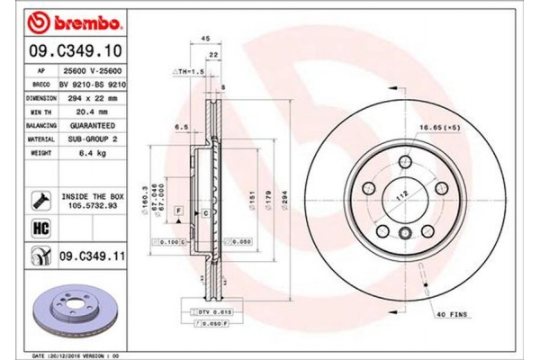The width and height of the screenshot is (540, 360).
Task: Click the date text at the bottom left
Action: [76, 355]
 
